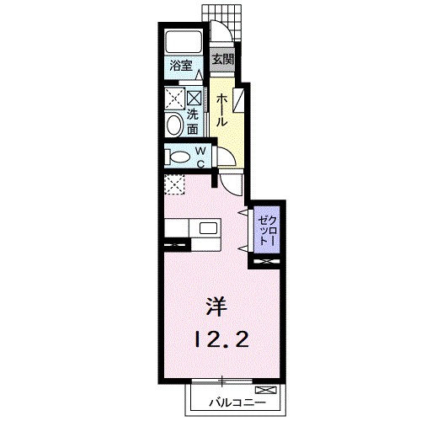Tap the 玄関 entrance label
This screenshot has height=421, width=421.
(x=222, y=60)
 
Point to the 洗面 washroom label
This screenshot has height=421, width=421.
(x=192, y=122)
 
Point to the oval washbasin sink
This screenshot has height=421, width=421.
(x=174, y=125)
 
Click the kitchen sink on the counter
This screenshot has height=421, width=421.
(x=208, y=228)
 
